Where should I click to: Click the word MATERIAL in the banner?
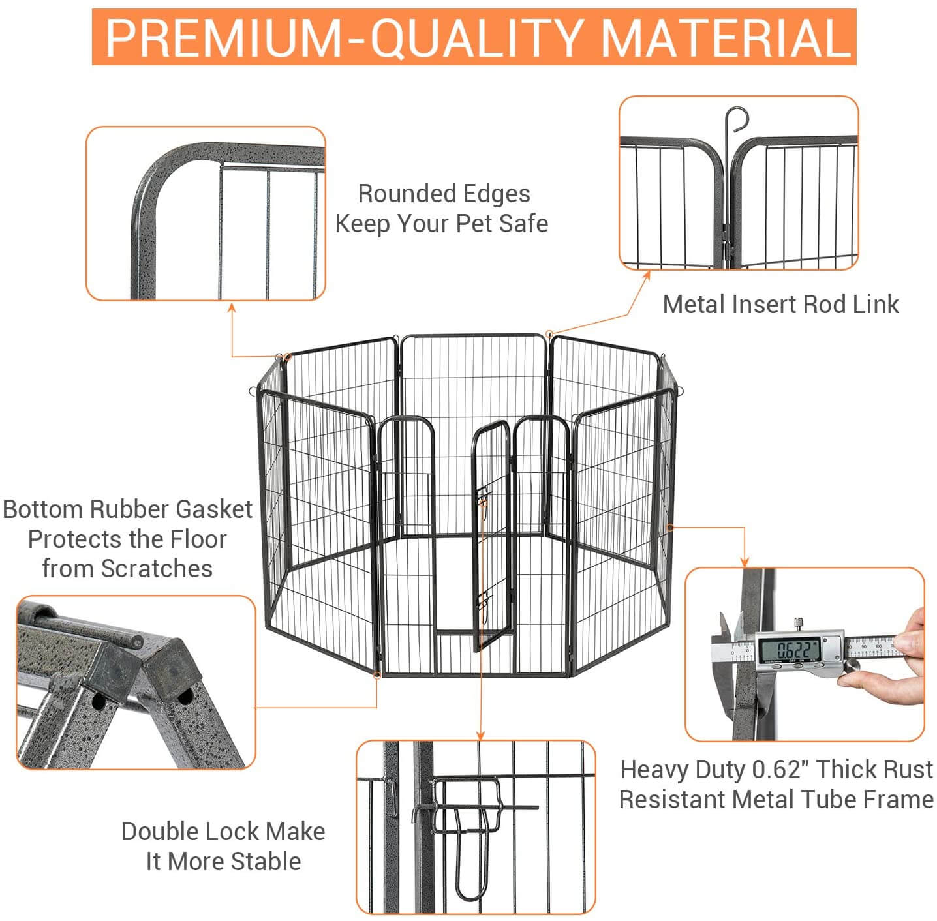pos(724,38)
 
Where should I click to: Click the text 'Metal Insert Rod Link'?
pos(780,305)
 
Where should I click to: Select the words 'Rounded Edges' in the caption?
pos(444,194)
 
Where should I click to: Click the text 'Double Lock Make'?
pos(223,832)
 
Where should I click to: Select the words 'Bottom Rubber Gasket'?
pos(128,509)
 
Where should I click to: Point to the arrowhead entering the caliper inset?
pos(745,562)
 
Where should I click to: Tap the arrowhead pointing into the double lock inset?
pos(481,735)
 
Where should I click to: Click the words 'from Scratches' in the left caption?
pos(128,569)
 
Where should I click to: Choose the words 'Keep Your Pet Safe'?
pos(441,224)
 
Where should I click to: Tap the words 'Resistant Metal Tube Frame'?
pos(776,799)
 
